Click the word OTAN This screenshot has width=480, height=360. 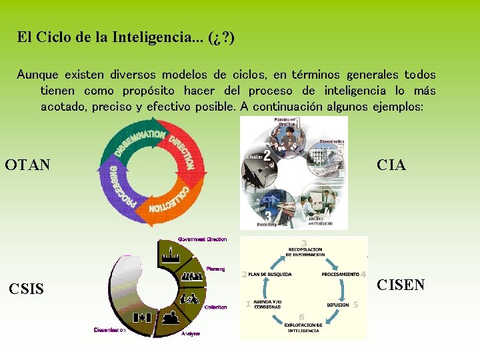pos(27,164)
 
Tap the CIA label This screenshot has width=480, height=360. pos(391,165)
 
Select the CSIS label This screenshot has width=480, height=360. pos(27,289)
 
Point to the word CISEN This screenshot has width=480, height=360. pos(401,285)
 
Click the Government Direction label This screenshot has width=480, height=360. pos(202,239)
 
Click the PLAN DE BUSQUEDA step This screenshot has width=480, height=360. pos(269,274)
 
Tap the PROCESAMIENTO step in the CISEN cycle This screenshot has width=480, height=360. pos(340,274)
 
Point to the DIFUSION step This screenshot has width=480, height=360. pos(337,305)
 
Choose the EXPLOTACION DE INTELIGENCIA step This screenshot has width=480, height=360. pos(303,327)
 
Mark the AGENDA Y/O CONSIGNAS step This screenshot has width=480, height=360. pos(267,305)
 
